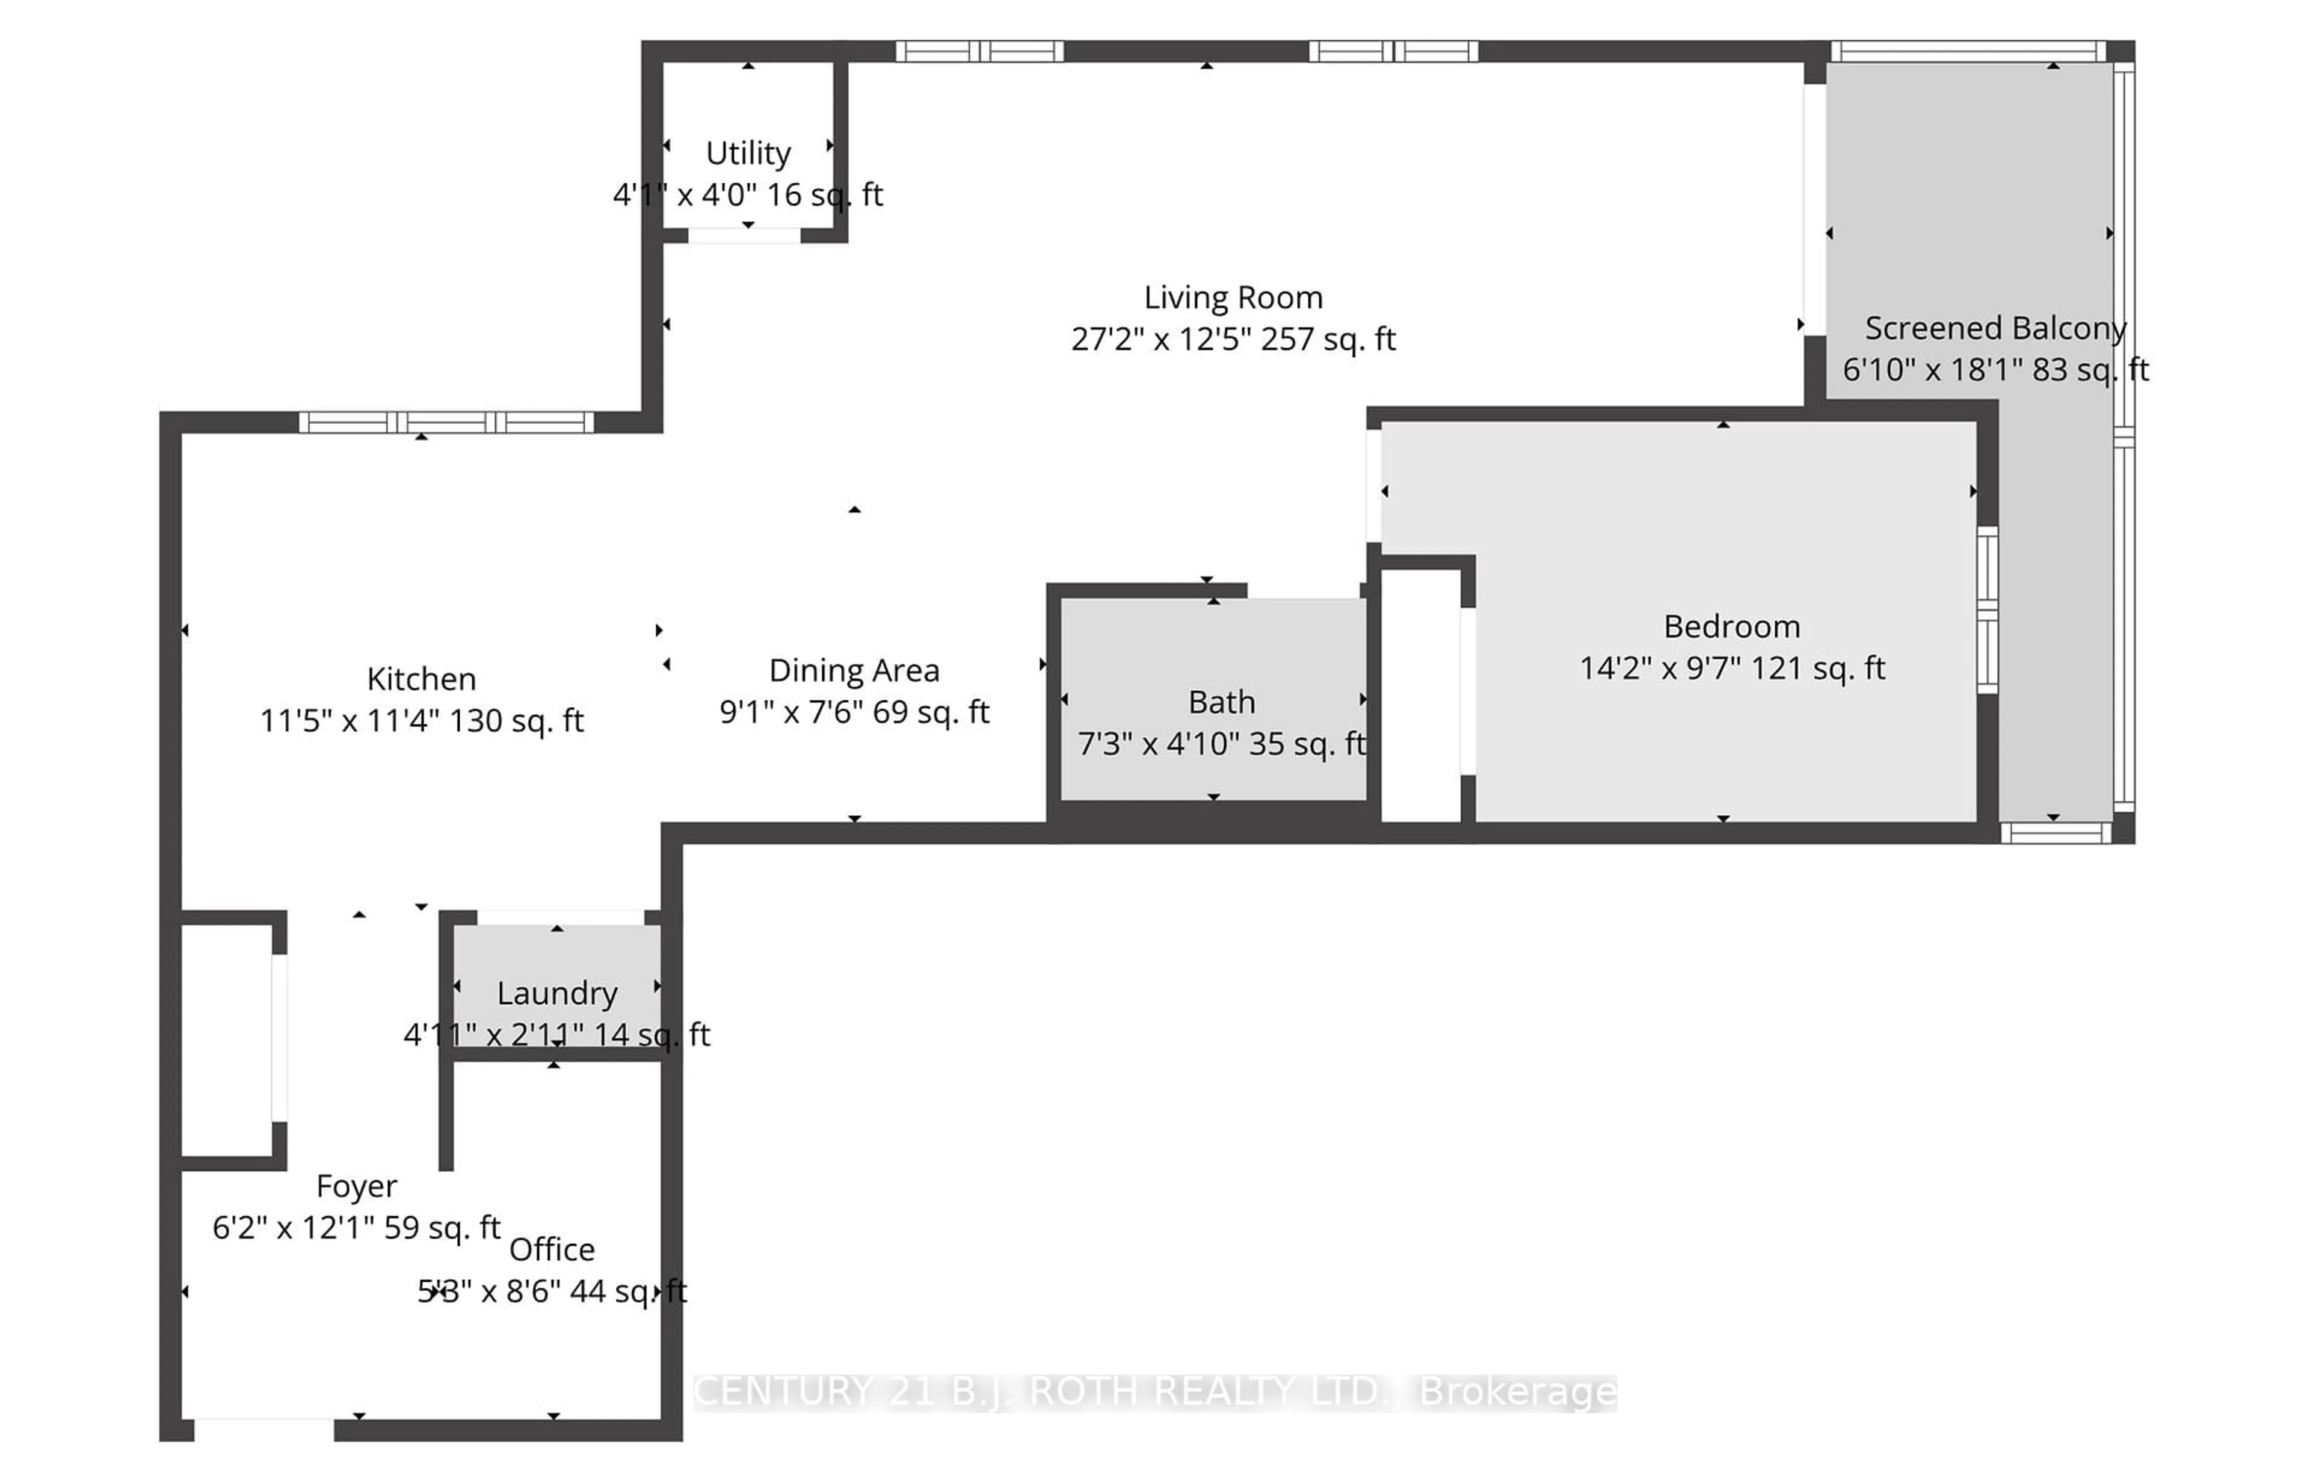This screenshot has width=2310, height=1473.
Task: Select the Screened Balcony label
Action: [1995, 329]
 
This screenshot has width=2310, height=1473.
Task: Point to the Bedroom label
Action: [1731, 627]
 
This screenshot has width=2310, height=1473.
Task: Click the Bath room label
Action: [1221, 703]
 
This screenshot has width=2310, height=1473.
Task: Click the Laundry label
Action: [556, 993]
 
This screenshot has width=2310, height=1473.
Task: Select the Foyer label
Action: [356, 1186]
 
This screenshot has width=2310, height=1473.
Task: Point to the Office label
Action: [552, 1249]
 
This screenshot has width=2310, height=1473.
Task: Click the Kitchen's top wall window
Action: [446, 422]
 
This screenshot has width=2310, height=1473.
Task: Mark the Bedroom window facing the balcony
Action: [1987, 610]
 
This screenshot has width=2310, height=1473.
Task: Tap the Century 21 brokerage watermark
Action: [1154, 1391]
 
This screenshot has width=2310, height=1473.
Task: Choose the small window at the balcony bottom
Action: [2055, 833]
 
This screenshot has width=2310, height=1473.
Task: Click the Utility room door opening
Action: [744, 236]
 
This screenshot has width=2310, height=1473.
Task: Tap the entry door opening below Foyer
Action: [264, 1430]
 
